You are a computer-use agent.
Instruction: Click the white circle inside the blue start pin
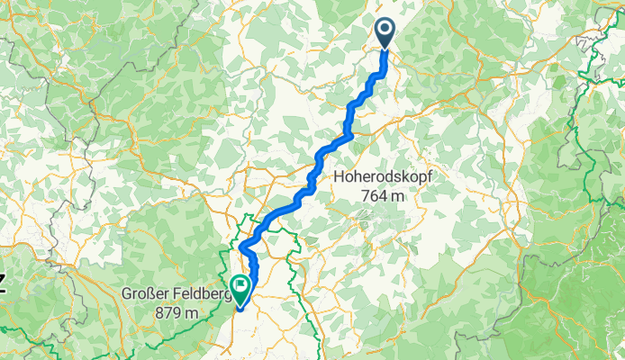coord(385,30)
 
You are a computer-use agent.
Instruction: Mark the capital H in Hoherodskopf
coord(339,178)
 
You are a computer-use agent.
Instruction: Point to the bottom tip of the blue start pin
coord(385,49)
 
